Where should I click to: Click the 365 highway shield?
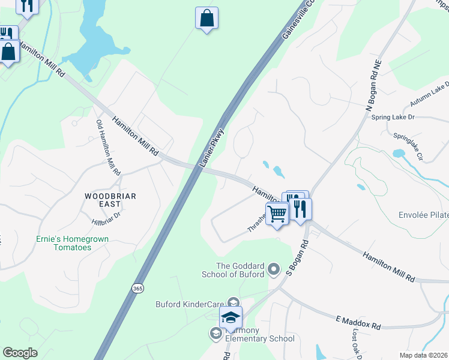[x=136, y=289]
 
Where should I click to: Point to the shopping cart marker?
[x=277, y=213]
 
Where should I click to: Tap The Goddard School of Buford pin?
[x=274, y=269]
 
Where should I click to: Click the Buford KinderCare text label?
[x=189, y=304]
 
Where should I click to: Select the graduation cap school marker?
[x=231, y=317]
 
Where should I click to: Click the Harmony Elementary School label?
[x=259, y=338]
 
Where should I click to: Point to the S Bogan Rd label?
[x=296, y=259]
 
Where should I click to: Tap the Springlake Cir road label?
[x=408, y=146]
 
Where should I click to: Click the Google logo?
[x=20, y=352]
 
